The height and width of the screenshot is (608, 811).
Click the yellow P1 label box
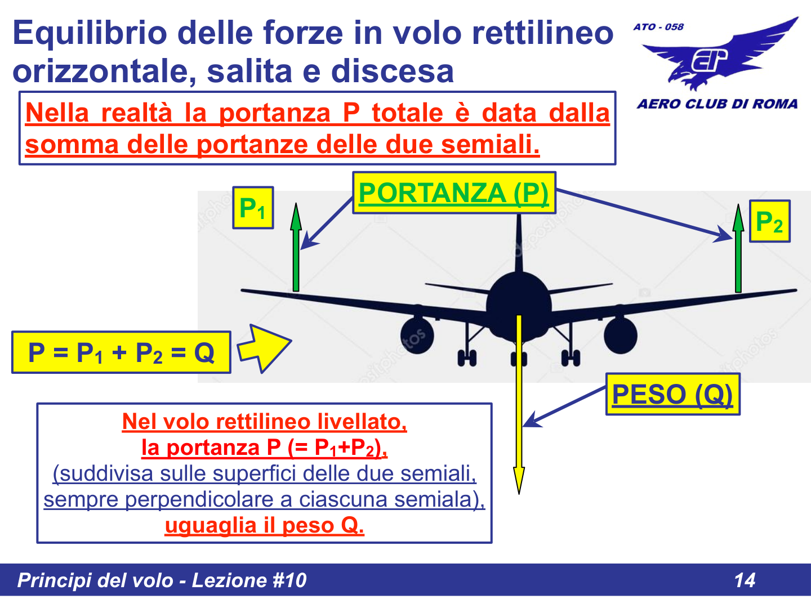[253, 208]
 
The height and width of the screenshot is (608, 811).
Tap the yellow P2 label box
[769, 221]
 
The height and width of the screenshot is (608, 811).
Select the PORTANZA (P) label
[454, 193]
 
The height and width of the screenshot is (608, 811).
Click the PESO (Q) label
[672, 394]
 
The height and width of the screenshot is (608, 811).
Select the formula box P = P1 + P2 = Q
[121, 353]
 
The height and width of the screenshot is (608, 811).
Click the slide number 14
[745, 580]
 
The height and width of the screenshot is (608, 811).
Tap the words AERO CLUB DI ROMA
[717, 104]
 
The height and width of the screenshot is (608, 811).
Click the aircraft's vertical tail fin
[519, 242]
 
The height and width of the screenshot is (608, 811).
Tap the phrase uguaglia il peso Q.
[264, 525]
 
